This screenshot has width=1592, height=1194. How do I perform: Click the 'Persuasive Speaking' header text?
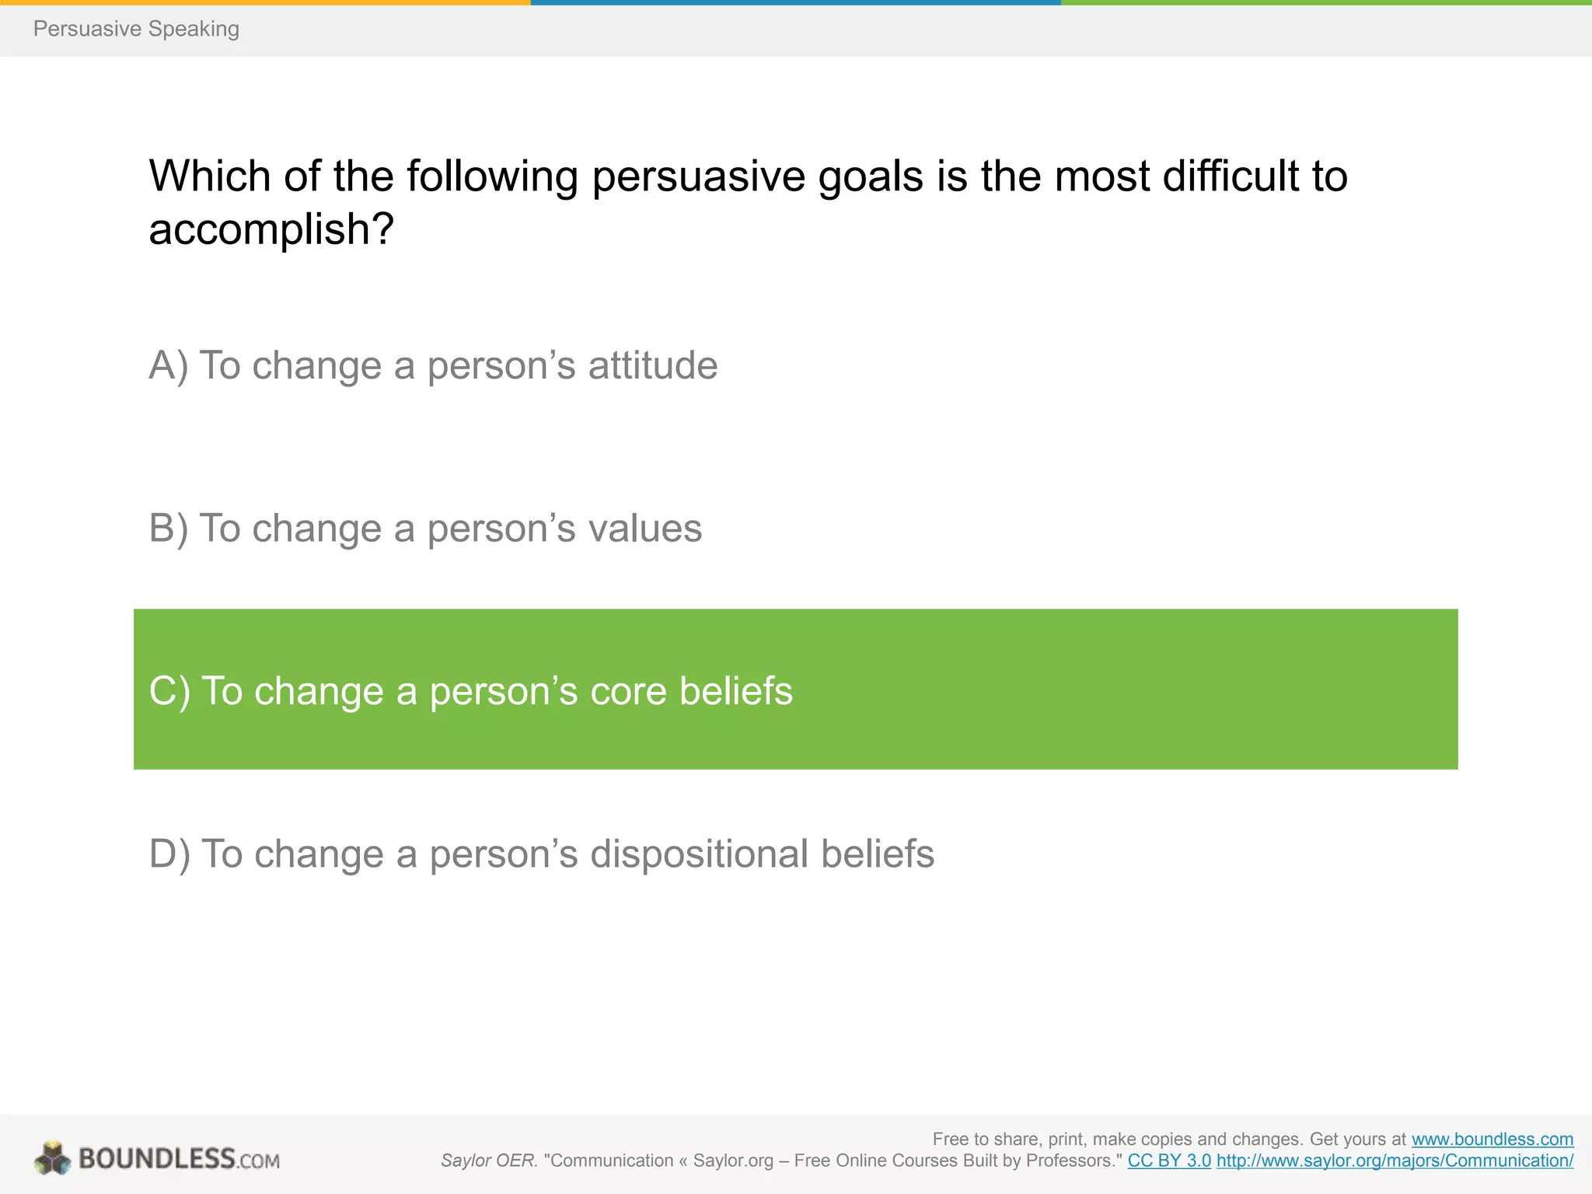(x=136, y=29)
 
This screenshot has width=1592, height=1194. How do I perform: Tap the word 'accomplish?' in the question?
(x=271, y=229)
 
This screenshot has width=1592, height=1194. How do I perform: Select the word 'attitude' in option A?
(x=652, y=365)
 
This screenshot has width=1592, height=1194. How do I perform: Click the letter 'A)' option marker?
(x=168, y=365)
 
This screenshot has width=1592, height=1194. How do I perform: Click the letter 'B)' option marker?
(x=168, y=529)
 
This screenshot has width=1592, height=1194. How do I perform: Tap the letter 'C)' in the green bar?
(x=169, y=691)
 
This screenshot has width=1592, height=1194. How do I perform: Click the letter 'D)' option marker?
(x=169, y=854)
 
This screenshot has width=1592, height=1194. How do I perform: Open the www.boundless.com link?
(x=1492, y=1140)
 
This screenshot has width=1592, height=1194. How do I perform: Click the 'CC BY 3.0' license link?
(x=1168, y=1161)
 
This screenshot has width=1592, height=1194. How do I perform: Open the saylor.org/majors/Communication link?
(x=1395, y=1161)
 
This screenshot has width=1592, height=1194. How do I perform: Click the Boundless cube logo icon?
(x=53, y=1158)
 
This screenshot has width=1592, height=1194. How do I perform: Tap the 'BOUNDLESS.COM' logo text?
(x=179, y=1159)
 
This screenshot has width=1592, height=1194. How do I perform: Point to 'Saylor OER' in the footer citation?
(x=487, y=1161)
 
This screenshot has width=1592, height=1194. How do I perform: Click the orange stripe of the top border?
(x=264, y=2)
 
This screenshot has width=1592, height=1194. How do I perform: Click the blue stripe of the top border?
(x=795, y=2)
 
